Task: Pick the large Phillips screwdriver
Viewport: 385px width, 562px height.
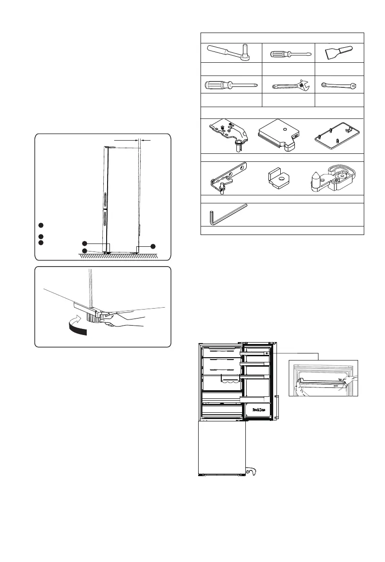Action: click(230, 85)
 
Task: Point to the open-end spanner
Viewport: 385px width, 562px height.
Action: click(339, 85)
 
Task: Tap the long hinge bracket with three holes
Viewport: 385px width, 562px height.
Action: click(227, 177)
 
